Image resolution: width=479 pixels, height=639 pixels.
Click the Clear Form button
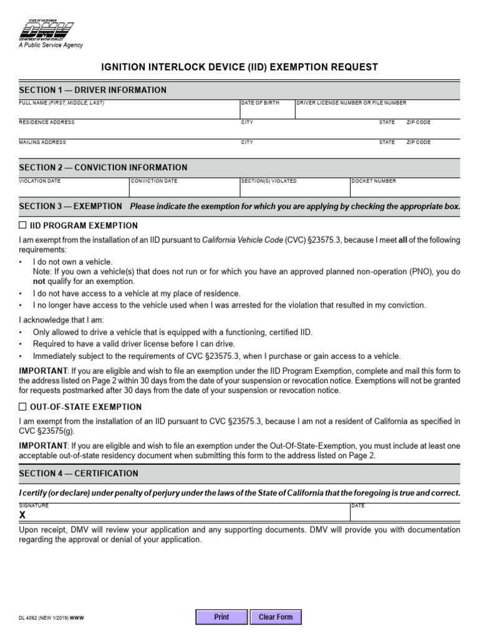coord(276,617)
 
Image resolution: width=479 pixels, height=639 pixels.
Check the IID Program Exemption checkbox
coord(23,225)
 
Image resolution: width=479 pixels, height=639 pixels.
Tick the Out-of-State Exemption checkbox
coord(23,407)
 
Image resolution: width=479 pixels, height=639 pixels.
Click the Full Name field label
coord(62,102)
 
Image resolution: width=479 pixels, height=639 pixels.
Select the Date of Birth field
coord(267,110)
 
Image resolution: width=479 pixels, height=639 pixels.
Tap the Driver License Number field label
coord(352,102)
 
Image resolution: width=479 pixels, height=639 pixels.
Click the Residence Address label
coord(47,122)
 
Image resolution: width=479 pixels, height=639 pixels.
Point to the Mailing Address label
coord(42,142)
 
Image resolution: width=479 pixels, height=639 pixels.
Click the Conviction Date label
coord(154,181)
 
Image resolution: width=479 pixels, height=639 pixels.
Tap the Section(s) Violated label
coord(269,181)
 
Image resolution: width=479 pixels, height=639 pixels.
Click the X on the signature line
coord(22,515)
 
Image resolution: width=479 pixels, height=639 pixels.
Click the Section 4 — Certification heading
coord(79,474)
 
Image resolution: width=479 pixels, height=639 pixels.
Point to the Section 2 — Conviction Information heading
coord(103,167)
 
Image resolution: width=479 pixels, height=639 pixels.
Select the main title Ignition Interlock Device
coord(239,67)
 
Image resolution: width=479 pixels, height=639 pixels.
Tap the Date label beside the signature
coord(358,505)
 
